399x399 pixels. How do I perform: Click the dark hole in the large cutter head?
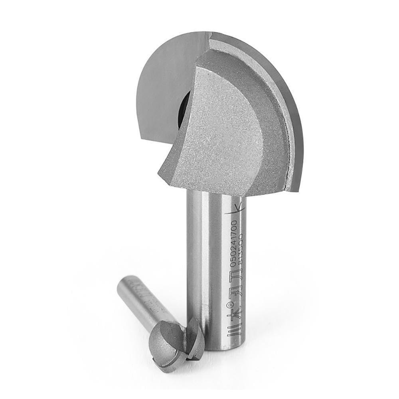click(184, 109)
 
